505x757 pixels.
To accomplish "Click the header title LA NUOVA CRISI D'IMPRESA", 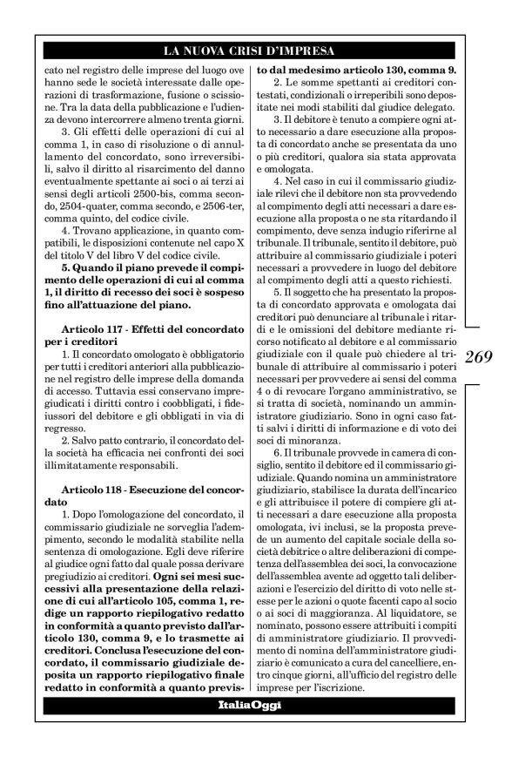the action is [252, 51].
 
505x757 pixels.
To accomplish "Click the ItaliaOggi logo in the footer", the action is [252, 704].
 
